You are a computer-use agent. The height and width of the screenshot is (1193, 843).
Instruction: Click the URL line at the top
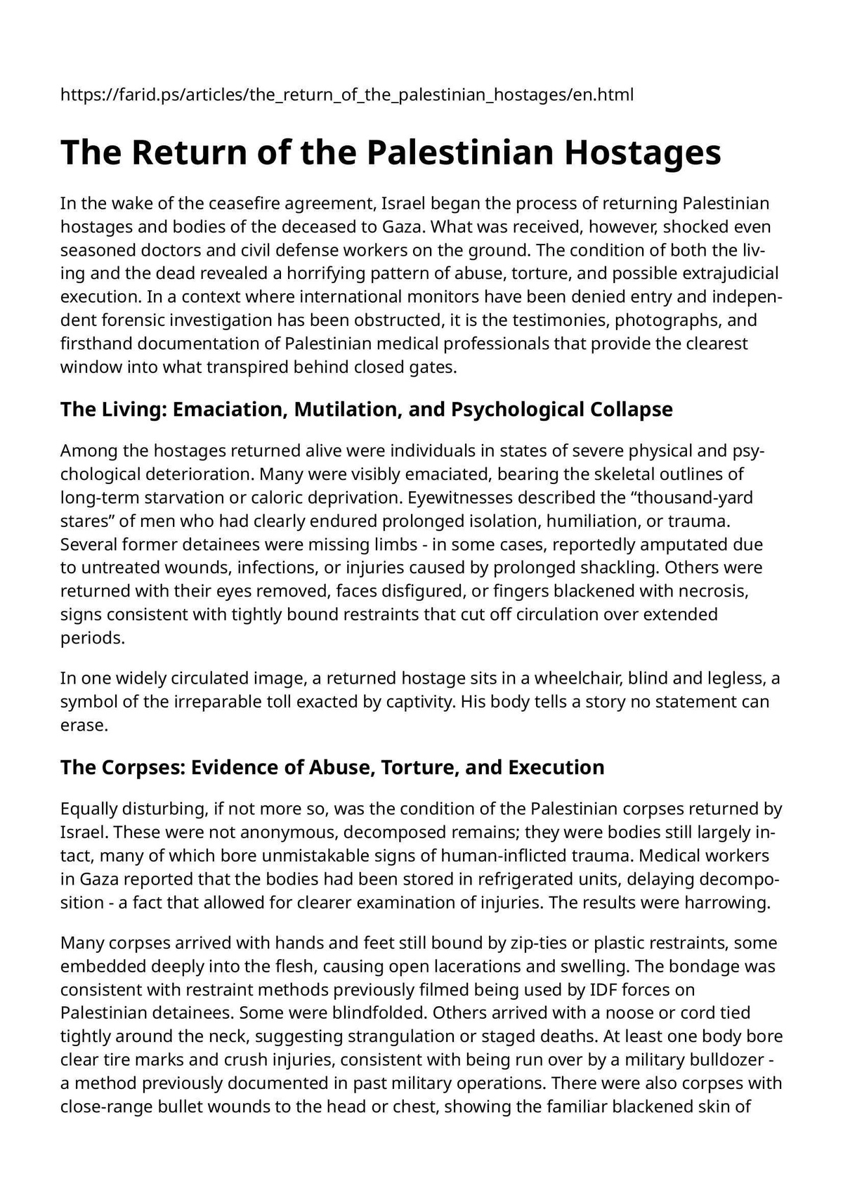pos(347,94)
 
